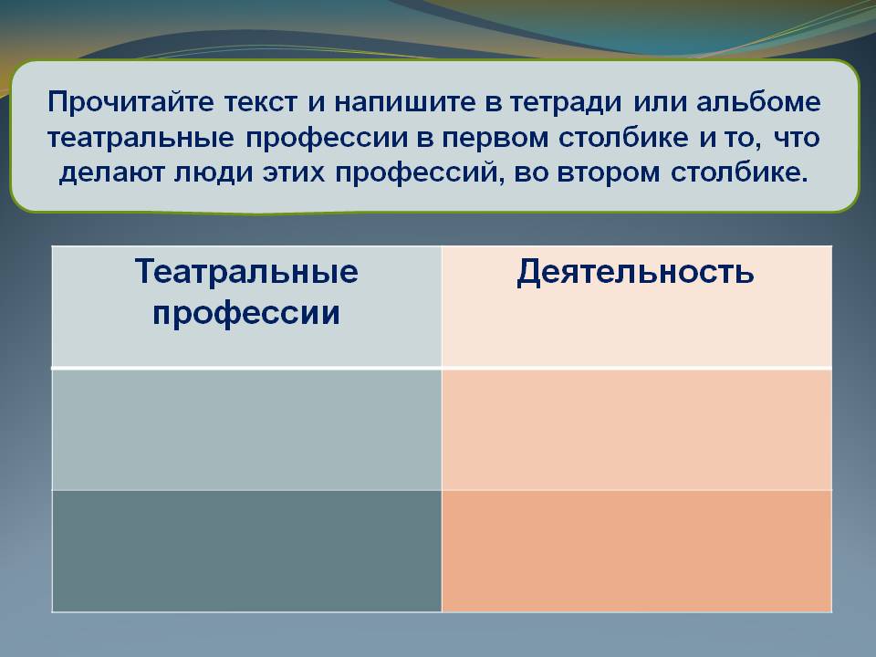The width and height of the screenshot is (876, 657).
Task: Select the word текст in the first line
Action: [x=264, y=102]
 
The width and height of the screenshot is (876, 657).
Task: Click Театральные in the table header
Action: [x=246, y=272]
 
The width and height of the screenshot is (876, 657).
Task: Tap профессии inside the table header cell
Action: [x=246, y=313]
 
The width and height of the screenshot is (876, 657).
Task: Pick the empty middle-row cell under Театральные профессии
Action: [x=246, y=429]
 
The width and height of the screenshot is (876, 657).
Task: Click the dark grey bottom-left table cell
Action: [x=246, y=550]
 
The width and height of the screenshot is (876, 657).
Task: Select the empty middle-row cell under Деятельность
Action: [x=636, y=429]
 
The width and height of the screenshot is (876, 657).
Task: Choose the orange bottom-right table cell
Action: [x=636, y=550]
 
